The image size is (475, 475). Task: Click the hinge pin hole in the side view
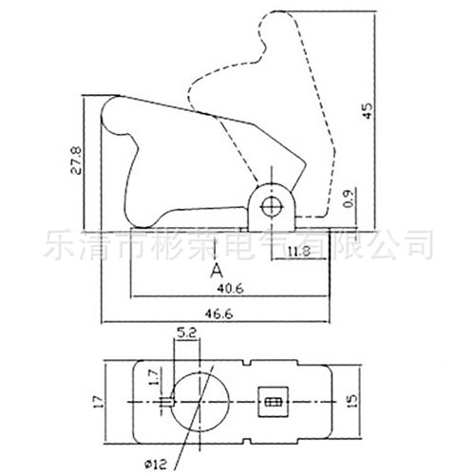pos(274,207)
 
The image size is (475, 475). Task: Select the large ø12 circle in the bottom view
pos(199,403)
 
